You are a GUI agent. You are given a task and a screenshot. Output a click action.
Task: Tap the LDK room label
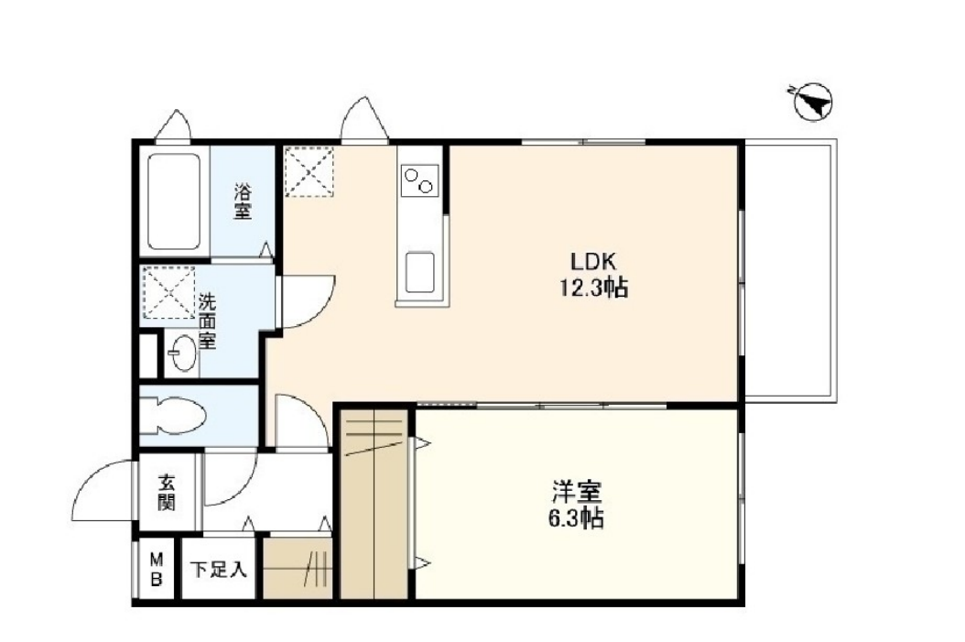click(x=594, y=262)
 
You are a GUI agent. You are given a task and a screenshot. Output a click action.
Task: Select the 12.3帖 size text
click(x=593, y=288)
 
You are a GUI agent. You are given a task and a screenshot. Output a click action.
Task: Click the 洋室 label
click(x=576, y=492)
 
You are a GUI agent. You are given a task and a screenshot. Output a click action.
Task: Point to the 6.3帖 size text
click(x=576, y=519)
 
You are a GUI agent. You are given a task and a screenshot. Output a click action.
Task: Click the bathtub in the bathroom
click(x=175, y=201)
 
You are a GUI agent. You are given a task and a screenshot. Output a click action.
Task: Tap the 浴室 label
click(x=242, y=201)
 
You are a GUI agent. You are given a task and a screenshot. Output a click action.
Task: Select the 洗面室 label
click(x=208, y=322)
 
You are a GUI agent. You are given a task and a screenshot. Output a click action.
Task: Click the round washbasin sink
click(x=183, y=354)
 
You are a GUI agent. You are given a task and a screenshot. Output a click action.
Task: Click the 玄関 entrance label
click(x=166, y=493)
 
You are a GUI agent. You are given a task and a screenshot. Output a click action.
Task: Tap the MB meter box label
click(x=157, y=570)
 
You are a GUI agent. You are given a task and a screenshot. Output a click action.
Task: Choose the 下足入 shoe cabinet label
click(x=219, y=570)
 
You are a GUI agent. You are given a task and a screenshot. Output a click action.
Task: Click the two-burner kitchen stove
click(x=419, y=180)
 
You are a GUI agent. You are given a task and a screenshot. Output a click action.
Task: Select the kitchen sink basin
click(x=420, y=273)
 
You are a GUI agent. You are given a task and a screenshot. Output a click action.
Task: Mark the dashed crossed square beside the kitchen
click(x=309, y=171)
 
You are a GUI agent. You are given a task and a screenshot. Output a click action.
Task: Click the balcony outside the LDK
click(x=790, y=271)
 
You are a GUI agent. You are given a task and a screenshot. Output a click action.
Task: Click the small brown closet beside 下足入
click(x=298, y=568)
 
